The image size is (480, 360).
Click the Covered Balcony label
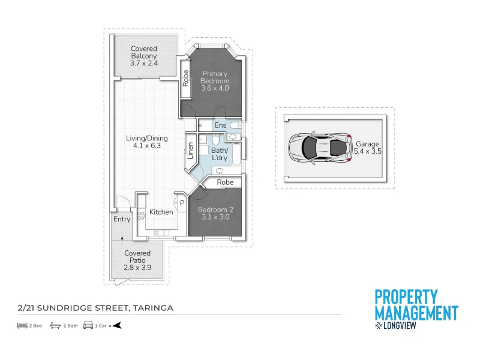144,56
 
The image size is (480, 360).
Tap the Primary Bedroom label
215,81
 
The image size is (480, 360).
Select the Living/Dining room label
147,142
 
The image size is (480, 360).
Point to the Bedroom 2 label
215,214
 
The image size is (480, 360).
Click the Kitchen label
161,212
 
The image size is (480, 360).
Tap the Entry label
122,219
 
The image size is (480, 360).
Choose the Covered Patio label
137,260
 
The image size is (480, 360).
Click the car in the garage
320,148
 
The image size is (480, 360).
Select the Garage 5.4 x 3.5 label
368,147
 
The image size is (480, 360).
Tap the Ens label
220,125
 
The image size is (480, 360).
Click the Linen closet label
190,151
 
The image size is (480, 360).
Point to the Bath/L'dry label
220,154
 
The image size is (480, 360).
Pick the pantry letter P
182,203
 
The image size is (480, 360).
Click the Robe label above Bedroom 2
226,182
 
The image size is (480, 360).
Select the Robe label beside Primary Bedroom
185,78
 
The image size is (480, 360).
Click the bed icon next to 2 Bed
22,325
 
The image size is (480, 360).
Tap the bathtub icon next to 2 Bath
55,325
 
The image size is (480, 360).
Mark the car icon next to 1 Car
88,325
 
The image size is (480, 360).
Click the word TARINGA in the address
154,308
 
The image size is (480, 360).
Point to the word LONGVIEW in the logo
400,325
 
